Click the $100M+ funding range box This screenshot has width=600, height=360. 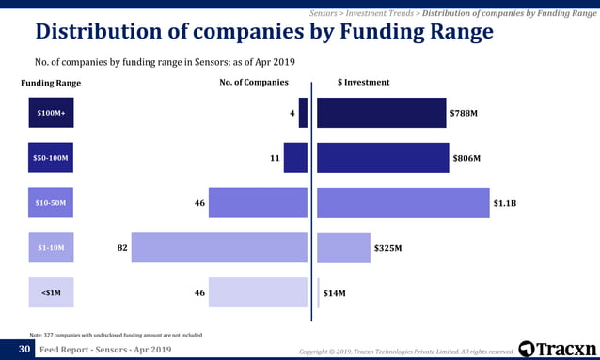[52, 113]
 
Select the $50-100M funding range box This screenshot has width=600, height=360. [52, 158]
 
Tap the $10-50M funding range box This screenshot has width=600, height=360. [52, 203]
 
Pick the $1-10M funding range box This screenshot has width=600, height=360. [52, 247]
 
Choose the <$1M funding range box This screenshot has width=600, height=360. [52, 292]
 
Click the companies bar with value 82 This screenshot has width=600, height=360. [219, 247]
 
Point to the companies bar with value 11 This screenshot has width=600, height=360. [295, 158]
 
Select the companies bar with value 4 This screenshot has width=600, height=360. [303, 113]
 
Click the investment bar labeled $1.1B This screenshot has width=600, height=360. [403, 203]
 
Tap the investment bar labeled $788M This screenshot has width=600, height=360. [381, 113]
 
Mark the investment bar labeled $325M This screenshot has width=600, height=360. [343, 247]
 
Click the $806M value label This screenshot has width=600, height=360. [466, 159]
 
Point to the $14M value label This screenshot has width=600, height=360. [334, 293]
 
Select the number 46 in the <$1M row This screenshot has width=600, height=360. [199, 293]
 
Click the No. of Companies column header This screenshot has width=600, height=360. [253, 83]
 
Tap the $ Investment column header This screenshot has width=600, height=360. [363, 83]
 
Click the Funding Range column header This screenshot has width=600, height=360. [51, 83]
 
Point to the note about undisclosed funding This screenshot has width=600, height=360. [115, 334]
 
